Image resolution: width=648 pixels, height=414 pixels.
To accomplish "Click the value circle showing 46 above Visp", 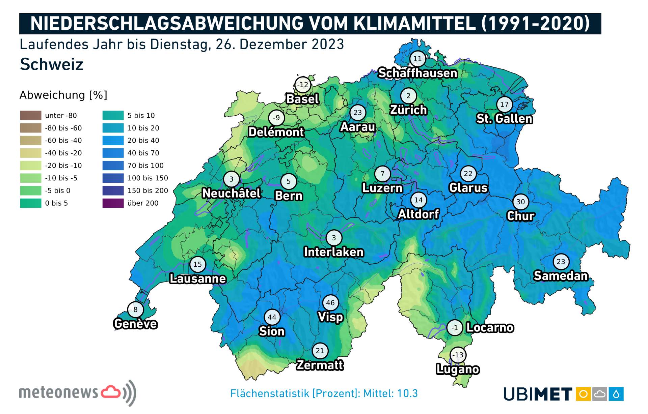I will click(330, 303).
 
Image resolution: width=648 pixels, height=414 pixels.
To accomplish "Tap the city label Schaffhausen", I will click(417, 73).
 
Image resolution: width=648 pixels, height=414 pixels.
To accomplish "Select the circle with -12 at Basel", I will click(303, 85).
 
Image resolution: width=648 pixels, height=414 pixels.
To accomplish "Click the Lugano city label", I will click(458, 369).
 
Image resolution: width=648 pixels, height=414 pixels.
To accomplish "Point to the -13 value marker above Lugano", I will click(458, 355).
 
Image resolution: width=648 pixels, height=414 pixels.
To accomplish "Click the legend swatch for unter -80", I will click(31, 115).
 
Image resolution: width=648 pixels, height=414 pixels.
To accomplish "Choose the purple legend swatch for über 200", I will click(113, 203).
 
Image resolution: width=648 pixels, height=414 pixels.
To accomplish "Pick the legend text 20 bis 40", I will click(143, 140).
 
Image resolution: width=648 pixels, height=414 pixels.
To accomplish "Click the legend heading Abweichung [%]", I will click(63, 95).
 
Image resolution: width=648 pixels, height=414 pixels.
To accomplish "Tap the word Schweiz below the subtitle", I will click(52, 64).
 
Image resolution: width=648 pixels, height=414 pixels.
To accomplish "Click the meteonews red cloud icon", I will click(111, 392).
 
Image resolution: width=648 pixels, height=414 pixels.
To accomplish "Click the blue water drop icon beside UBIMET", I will click(616, 394).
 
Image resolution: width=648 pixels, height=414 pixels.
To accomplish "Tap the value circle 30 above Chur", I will click(521, 202).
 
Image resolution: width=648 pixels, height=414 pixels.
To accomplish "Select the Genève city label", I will click(135, 324).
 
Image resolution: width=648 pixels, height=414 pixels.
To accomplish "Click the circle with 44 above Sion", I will click(272, 317).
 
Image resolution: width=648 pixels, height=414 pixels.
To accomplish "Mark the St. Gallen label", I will click(504, 119).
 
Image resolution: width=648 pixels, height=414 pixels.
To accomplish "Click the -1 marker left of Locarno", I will click(455, 328).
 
